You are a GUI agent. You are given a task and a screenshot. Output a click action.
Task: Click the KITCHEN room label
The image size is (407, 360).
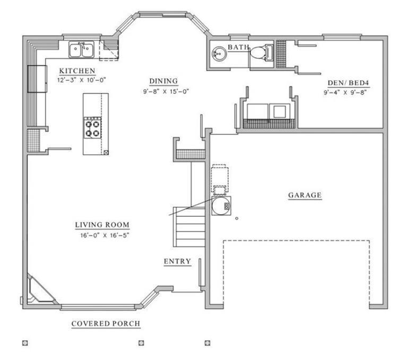tap(77, 71)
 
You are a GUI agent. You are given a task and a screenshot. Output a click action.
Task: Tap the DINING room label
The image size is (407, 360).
tap(163, 81)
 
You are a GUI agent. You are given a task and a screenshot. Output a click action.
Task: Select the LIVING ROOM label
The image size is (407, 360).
tap(102, 225)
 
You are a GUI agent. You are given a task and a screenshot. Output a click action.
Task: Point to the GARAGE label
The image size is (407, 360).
tap(305, 195)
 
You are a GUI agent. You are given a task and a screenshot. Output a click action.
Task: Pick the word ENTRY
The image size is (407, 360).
tap(177, 261)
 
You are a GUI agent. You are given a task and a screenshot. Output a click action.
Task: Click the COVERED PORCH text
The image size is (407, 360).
tap(106, 323)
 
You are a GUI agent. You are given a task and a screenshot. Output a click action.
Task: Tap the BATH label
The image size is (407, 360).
tap(238, 48)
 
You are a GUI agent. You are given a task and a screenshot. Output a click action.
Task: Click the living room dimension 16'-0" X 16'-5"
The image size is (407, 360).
tap(102, 234)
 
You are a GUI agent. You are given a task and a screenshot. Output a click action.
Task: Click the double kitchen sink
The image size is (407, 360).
tap(81, 50)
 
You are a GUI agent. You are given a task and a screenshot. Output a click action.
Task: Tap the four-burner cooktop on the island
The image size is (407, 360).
tap(92, 127)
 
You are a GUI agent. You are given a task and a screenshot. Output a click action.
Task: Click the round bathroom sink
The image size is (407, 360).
tap(219, 54)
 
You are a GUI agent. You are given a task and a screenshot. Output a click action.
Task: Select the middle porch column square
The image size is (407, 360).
tap(141, 343)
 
